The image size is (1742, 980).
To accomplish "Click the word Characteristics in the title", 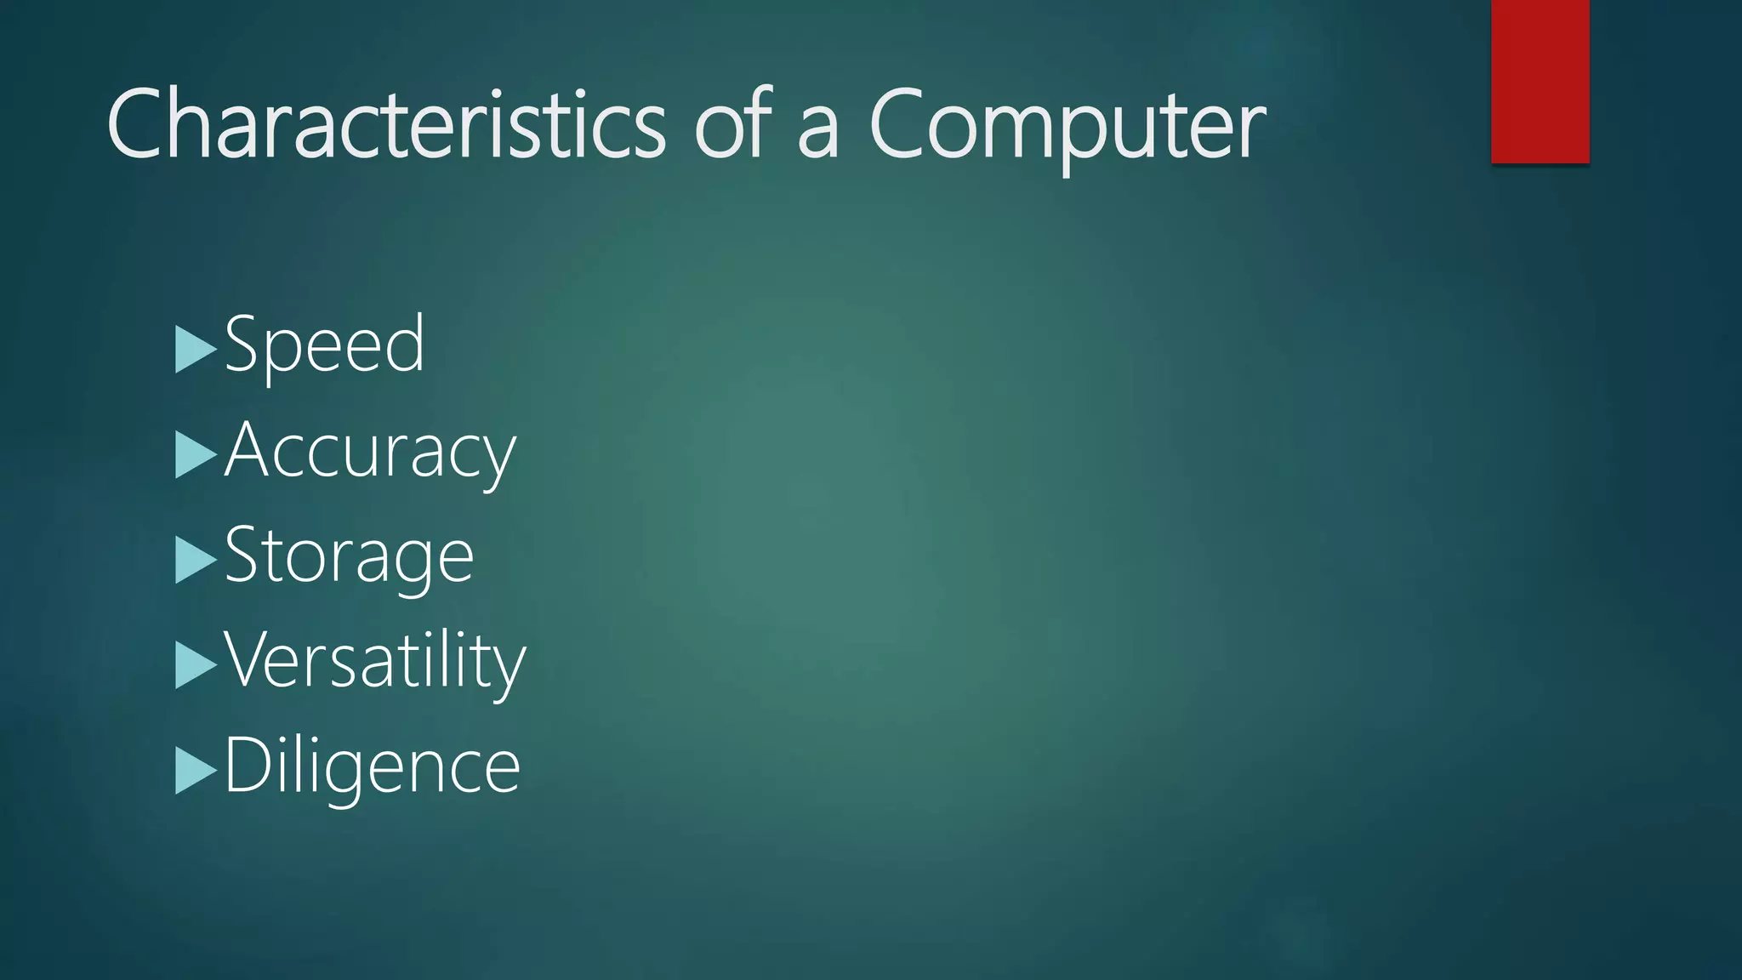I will tap(387, 124).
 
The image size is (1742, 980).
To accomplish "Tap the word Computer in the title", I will tap(1067, 126).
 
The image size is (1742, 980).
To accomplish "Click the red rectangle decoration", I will tap(1540, 82).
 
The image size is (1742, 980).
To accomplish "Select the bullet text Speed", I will tap(324, 344).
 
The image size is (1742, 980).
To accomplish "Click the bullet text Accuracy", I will tap(370, 451).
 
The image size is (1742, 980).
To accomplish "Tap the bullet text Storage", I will tap(349, 556).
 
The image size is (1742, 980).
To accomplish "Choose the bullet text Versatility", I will tap(375, 660).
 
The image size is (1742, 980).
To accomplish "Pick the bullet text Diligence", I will tap(373, 766).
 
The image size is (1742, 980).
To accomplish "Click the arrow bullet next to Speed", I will tap(196, 350).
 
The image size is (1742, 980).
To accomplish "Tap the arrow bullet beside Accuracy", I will tap(196, 455).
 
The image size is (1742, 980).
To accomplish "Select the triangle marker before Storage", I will tap(196, 561).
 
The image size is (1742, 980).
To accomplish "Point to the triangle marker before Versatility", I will tap(196, 665).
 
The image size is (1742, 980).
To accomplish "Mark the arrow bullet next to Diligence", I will tap(196, 771).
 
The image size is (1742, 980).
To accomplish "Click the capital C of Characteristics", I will tap(136, 124).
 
